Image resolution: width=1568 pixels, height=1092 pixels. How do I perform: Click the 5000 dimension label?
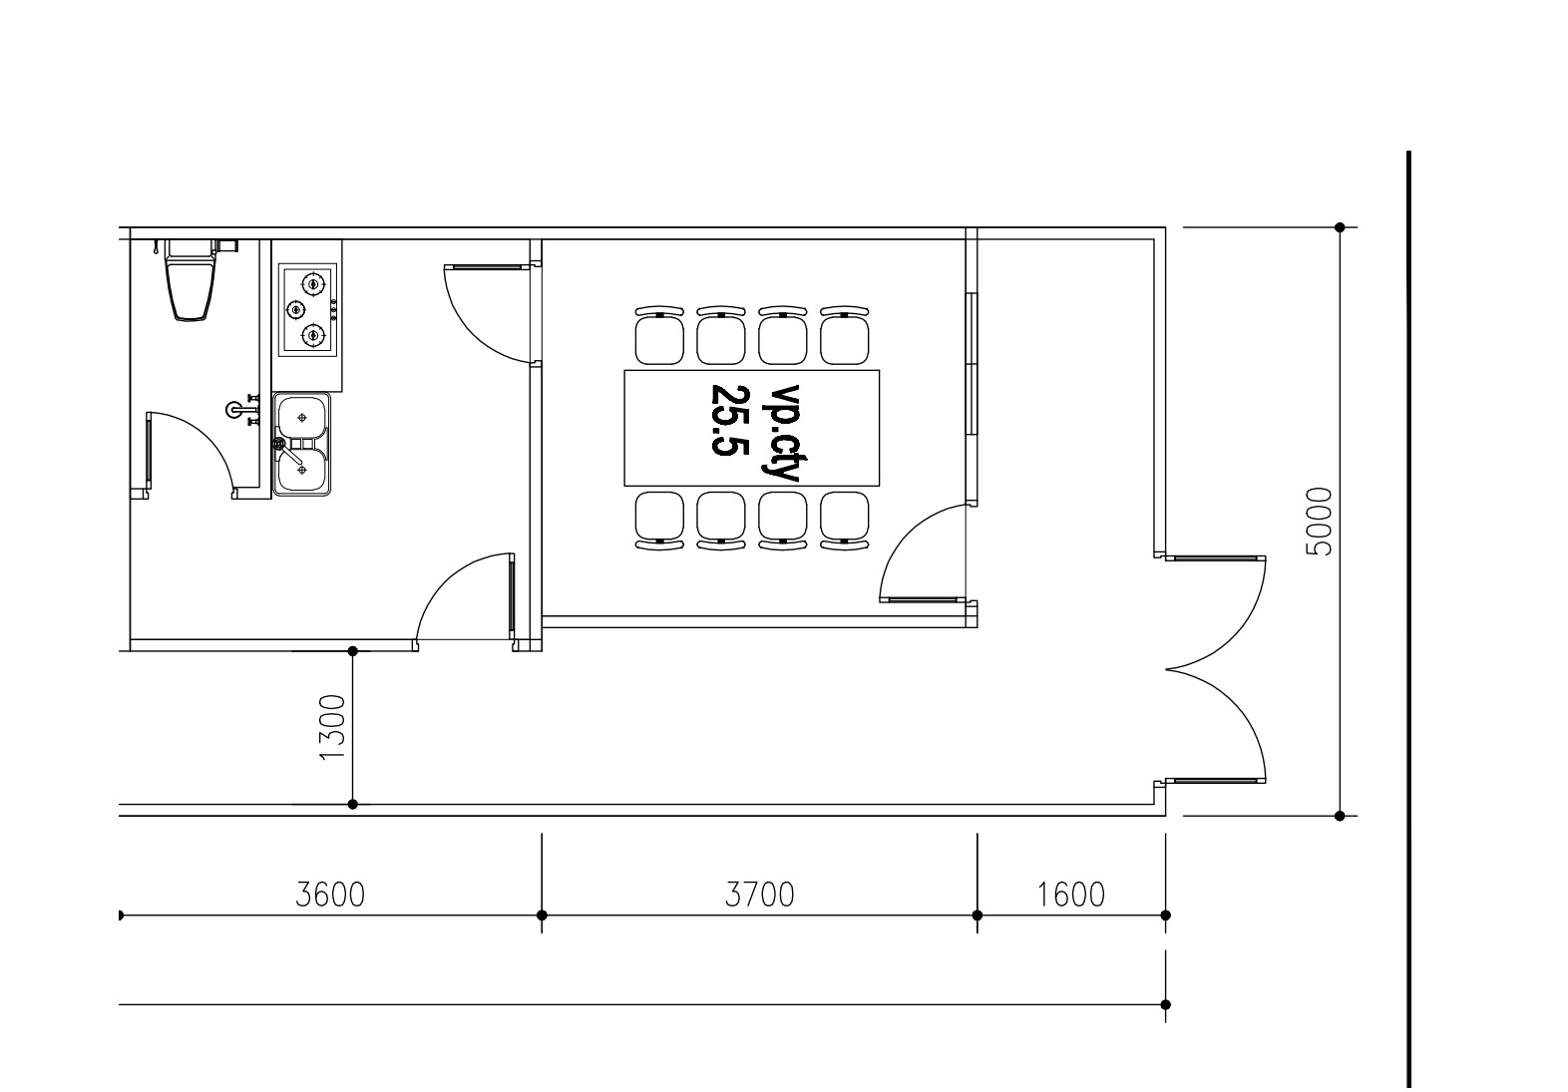1321,522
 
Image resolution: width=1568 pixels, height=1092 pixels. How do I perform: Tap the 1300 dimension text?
332,727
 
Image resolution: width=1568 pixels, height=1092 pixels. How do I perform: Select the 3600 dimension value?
330,895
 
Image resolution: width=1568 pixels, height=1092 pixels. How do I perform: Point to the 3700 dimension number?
759,895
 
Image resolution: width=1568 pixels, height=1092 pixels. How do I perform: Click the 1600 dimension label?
1070,895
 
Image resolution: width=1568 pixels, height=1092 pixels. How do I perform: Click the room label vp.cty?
780,433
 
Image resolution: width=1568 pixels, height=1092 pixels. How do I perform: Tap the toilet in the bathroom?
191,280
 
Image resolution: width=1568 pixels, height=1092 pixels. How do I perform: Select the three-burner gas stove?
308,309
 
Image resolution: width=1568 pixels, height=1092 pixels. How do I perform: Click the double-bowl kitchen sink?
301,445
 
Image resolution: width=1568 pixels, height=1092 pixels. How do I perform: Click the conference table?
752,428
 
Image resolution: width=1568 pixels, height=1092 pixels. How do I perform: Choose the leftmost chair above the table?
659,335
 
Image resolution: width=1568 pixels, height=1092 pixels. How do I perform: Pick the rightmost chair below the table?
845,521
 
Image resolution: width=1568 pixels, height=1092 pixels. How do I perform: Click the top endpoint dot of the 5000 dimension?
1340,227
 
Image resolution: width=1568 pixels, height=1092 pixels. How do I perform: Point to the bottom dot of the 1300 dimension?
353,805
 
